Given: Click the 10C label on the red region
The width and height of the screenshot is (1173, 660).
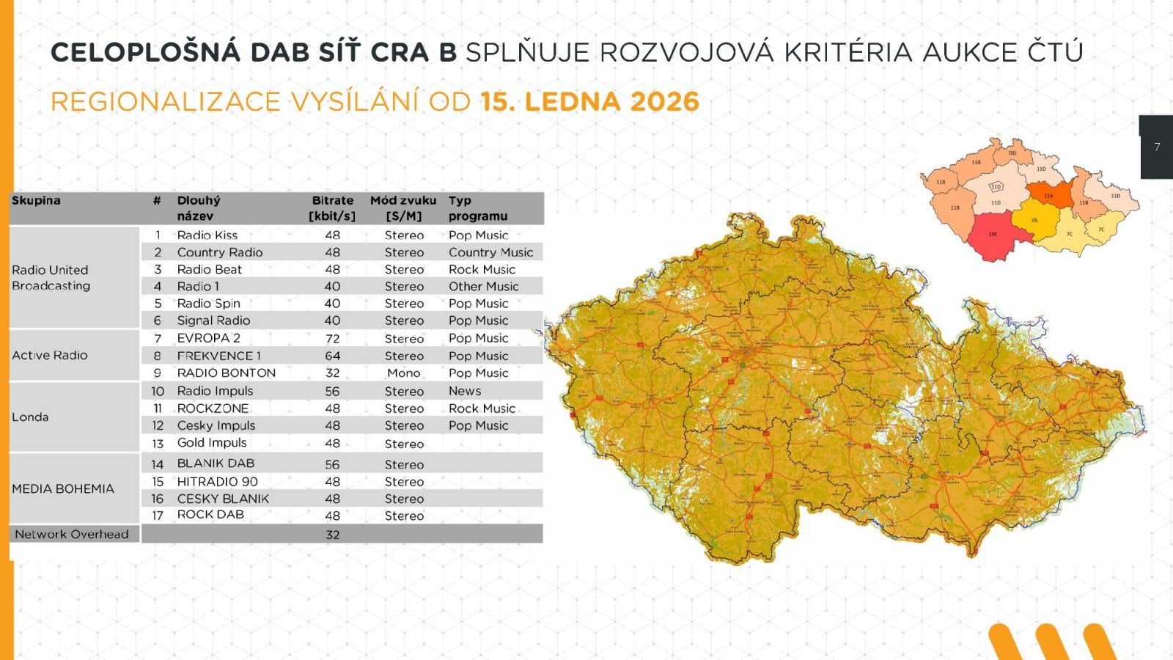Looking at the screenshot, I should (x=993, y=234).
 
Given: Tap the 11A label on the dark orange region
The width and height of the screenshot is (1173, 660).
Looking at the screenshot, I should (x=1048, y=196).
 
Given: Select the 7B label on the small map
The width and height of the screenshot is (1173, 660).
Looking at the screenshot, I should (x=1034, y=220).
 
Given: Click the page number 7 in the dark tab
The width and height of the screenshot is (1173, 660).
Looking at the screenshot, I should (x=1157, y=147).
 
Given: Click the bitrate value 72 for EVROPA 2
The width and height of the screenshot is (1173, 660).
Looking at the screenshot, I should (x=332, y=339).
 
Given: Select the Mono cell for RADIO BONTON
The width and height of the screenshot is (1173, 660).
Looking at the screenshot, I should (x=404, y=373).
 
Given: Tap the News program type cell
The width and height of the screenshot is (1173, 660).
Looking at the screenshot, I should (x=465, y=391).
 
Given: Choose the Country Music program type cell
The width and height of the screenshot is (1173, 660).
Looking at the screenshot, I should (x=490, y=252).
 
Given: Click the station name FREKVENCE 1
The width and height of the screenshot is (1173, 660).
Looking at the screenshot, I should (x=218, y=356).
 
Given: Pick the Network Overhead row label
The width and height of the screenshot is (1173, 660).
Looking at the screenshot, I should (x=72, y=534).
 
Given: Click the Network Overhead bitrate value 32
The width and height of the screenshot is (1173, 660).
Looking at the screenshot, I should (x=332, y=535).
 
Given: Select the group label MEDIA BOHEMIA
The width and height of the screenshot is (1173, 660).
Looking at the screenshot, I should (x=63, y=488).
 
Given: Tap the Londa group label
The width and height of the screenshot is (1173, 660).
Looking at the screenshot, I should (x=30, y=417).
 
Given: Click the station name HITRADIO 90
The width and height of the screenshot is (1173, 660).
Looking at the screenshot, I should (x=217, y=482).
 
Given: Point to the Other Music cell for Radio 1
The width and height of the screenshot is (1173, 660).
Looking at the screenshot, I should (x=483, y=287).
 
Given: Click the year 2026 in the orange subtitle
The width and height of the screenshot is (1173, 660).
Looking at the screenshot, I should (x=664, y=101).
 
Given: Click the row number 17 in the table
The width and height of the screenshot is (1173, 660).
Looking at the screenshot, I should (x=157, y=516).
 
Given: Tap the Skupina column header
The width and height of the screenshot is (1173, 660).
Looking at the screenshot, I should (x=36, y=200).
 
